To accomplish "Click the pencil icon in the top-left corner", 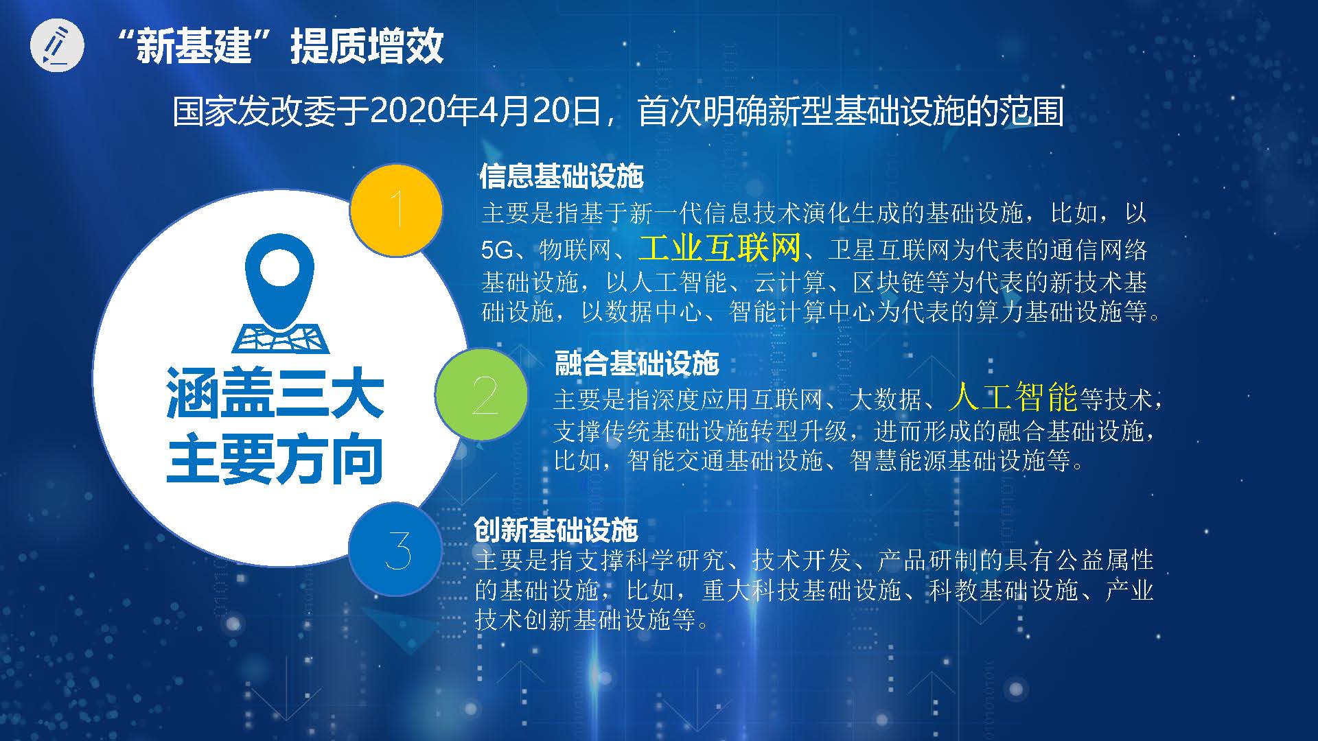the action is coord(57,46).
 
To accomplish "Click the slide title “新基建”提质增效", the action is coord(280,46).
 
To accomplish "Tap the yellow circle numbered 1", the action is coord(396,211).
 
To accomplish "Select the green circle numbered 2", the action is coord(482,395).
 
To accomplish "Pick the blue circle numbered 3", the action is coord(395,550).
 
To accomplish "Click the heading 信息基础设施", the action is coord(562,176).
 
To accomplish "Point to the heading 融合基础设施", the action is coord(636,363).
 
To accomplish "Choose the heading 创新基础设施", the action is coord(556,530).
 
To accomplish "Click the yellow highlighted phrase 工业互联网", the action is coord(719,248).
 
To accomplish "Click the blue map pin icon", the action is coord(279,294).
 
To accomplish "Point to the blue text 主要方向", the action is coord(275,458).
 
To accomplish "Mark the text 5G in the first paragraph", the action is coord(498,250).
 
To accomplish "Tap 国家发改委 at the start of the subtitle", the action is coord(253,111).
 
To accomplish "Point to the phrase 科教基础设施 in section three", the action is coord(1004,590).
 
